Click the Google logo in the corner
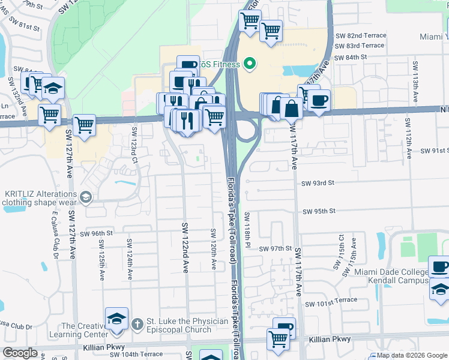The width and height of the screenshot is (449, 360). (20, 353)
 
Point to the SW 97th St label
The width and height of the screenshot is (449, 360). (275, 248)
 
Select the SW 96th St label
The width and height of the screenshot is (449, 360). (97, 233)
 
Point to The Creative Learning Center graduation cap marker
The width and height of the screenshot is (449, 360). (116, 319)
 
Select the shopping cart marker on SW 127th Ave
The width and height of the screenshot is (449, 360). (84, 125)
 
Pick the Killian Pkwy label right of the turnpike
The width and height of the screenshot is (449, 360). (330, 340)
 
